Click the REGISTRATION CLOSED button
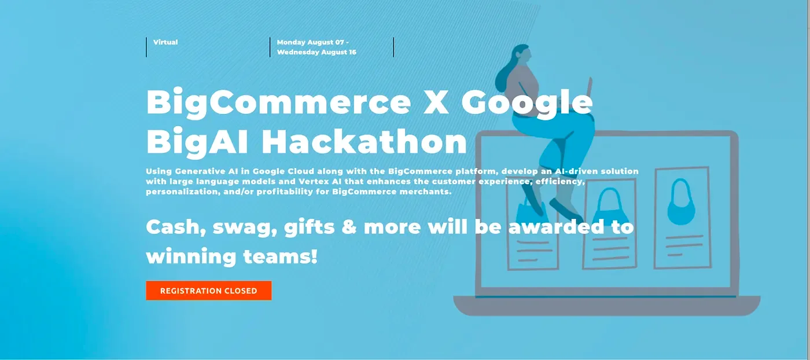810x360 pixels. [208, 291]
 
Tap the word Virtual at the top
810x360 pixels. [165, 42]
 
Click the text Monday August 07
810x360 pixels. [310, 42]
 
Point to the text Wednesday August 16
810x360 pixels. [316, 52]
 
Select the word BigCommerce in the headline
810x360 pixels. [278, 102]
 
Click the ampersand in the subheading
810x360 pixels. [349, 226]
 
